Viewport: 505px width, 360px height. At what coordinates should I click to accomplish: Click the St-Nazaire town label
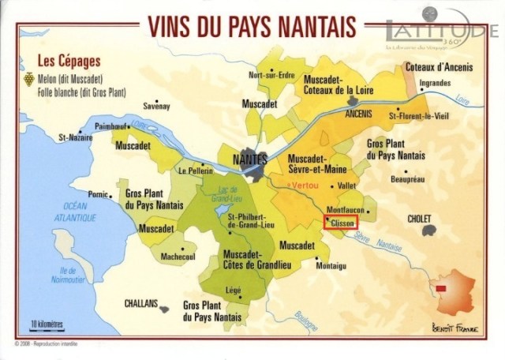76,137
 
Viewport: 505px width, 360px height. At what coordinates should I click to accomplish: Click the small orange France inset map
449,292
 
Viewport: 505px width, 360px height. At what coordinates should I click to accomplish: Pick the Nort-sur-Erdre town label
270,75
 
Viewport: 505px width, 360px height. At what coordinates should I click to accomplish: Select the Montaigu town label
331,266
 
